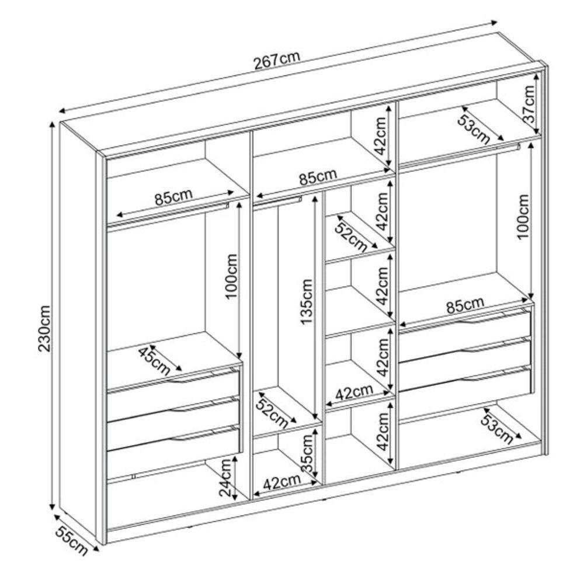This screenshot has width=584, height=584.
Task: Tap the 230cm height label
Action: tap(45, 328)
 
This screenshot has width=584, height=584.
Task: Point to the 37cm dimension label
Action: tap(529, 104)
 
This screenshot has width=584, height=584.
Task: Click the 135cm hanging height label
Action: tap(307, 302)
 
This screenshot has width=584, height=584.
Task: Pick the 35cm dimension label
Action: tap(307, 453)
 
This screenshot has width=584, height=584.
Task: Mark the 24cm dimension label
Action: tap(226, 478)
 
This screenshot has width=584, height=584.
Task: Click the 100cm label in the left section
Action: tap(231, 276)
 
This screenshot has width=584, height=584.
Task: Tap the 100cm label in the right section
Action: tap(523, 217)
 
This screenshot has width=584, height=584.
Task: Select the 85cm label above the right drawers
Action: tap(465, 306)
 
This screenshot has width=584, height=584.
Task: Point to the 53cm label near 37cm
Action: tap(474, 129)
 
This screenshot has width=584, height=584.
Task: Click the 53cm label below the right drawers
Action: tap(497, 429)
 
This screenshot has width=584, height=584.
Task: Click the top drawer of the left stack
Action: tap(173, 387)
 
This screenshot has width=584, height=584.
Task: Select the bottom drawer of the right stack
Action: tap(465, 383)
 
